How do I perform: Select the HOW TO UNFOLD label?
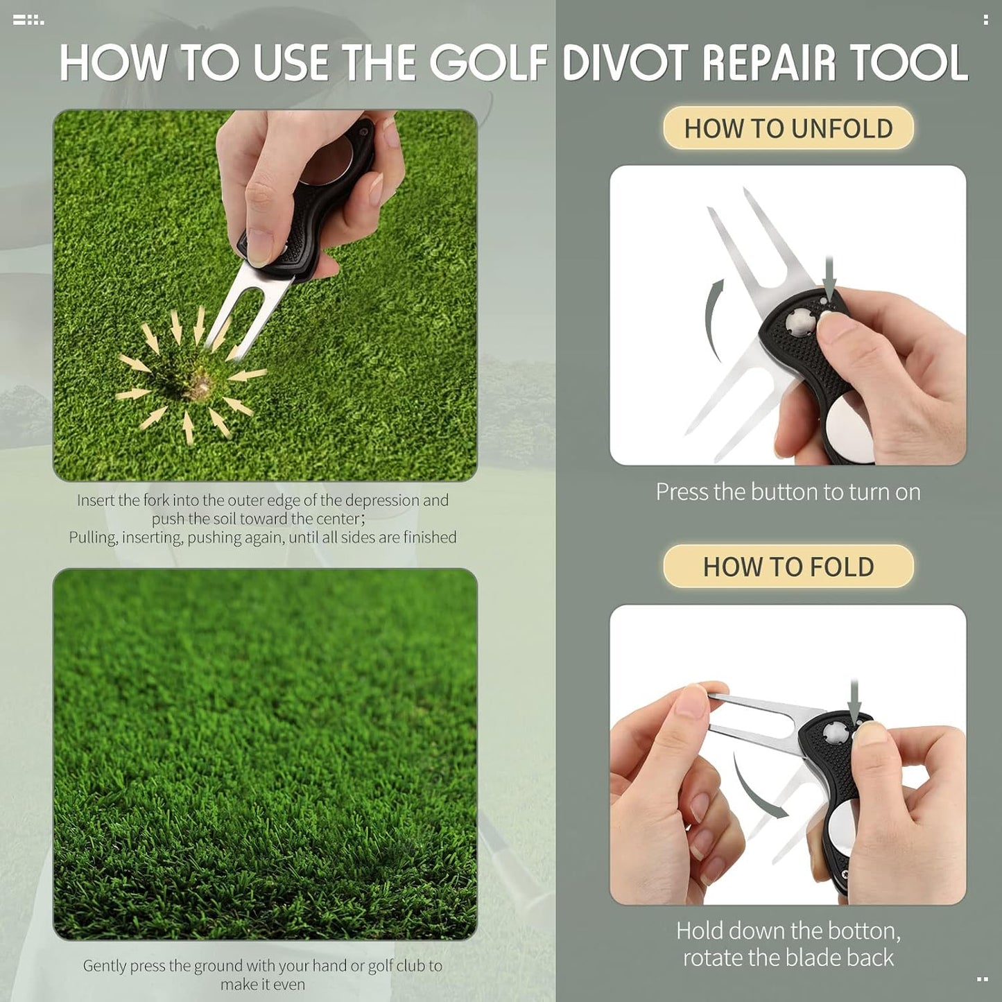788,128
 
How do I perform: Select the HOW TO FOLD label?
788,567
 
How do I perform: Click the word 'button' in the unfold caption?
784,492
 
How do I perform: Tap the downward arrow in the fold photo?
854,700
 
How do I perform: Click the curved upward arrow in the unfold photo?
713,319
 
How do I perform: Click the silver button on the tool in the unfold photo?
798,321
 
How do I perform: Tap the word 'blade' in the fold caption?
822,958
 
